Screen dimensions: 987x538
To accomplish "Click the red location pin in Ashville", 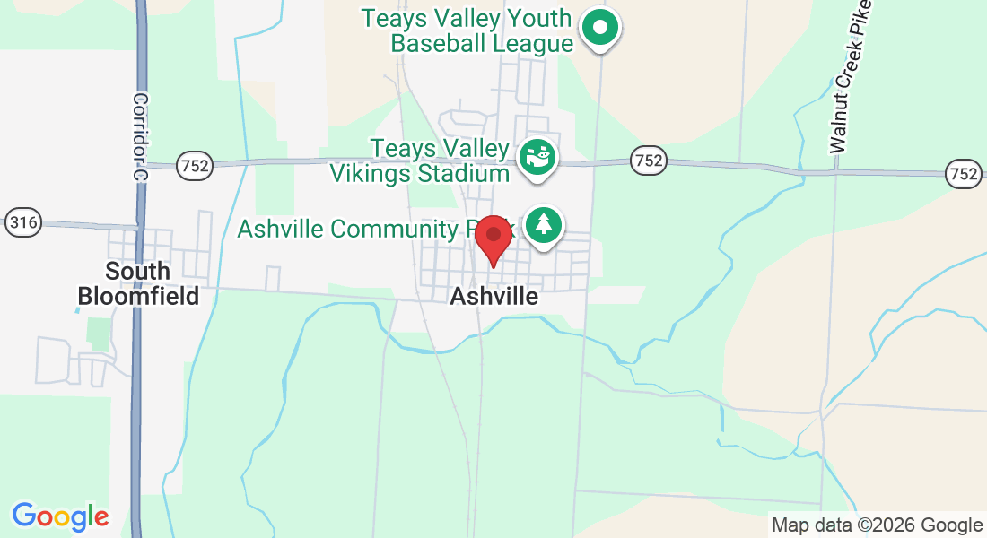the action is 493,239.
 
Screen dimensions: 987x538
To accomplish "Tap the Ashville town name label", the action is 494,296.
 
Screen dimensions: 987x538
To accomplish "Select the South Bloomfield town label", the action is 138,283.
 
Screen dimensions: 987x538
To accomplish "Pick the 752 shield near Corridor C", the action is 194,165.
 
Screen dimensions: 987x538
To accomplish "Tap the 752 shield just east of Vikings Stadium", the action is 648,161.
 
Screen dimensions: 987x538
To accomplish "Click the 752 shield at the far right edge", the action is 964,172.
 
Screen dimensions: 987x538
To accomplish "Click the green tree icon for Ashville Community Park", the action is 543,224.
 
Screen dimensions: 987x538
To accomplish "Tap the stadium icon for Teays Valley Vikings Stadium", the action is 538,159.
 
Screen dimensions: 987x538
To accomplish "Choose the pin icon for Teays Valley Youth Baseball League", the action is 600,28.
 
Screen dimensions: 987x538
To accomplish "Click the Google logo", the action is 60,516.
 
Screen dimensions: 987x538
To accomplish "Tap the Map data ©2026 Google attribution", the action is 877,525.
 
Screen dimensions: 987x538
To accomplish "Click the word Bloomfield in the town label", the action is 138,296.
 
